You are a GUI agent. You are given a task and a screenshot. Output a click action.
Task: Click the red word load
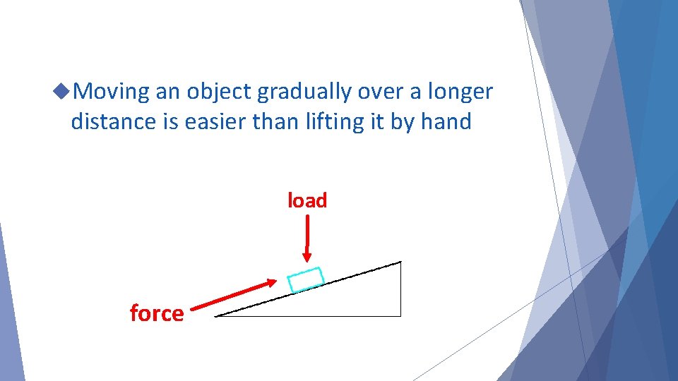pos(307,201)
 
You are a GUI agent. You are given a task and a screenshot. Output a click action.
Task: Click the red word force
pos(157,313)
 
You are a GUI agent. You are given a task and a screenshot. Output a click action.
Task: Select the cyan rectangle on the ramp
pos(306,279)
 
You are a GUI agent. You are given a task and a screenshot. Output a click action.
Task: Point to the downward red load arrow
pos(307,236)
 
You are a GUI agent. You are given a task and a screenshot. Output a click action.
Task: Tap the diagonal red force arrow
pos(233,296)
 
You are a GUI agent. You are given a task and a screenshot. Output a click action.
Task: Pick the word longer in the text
pos(459,92)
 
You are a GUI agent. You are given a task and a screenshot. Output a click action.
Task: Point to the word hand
pos(446,122)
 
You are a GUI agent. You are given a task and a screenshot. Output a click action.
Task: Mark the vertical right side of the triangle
pos(400,289)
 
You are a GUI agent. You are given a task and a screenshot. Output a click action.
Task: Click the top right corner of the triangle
pos(400,262)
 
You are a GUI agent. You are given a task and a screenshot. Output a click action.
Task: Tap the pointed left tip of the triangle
pos(216,315)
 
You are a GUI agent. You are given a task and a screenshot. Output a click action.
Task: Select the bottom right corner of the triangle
pos(400,315)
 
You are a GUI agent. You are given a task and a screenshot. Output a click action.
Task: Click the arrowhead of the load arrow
pos(307,256)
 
